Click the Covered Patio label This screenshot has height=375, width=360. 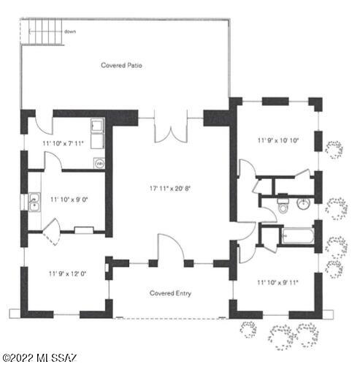tap(121, 65)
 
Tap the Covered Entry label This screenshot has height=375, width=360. tap(170, 293)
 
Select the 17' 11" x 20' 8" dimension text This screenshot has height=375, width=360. tap(170, 189)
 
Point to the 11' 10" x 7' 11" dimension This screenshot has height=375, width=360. tap(63, 143)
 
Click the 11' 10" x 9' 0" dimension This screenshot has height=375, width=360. tap(69, 200)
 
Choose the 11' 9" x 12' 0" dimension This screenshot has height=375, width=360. tap(68, 273)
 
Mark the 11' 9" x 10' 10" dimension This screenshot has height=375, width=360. tap(278, 140)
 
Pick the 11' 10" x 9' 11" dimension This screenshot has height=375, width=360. tap(277, 283)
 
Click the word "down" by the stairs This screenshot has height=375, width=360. tap(70, 31)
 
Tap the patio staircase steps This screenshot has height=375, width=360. tap(45, 31)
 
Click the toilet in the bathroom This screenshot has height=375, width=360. tap(283, 205)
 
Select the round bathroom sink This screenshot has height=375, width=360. tap(303, 203)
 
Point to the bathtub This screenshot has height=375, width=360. tap(298, 236)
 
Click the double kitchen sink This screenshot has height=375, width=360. tap(34, 202)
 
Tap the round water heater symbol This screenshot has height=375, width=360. tap(99, 164)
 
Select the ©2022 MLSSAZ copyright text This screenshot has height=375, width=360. tap(39, 358)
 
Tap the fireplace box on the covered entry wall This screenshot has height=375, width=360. tap(107, 268)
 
